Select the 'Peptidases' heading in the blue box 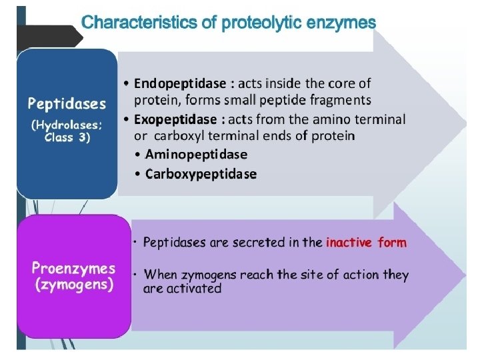[67, 103]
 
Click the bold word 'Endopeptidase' [180, 83]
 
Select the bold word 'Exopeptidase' [176, 119]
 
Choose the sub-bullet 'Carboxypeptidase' [201, 174]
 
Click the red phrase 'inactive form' [366, 242]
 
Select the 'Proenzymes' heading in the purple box [74, 269]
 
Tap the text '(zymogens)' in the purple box [74, 285]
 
